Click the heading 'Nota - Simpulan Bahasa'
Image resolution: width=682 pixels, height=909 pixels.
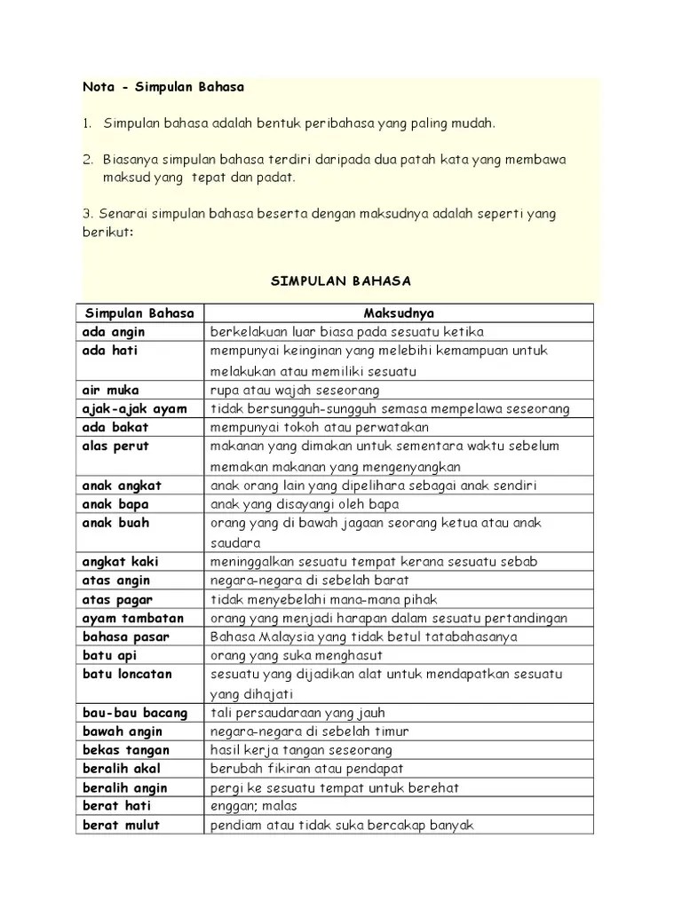click(x=163, y=88)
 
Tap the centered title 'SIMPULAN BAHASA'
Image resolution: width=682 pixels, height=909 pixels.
click(x=340, y=281)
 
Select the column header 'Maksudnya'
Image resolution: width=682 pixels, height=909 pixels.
click(x=399, y=313)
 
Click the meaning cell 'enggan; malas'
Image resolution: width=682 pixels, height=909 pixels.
click(x=253, y=806)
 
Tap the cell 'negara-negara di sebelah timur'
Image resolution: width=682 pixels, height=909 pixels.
click(x=309, y=731)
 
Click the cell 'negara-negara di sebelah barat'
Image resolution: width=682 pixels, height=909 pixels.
click(x=310, y=580)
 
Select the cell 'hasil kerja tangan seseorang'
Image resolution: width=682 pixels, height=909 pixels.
click(x=301, y=750)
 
